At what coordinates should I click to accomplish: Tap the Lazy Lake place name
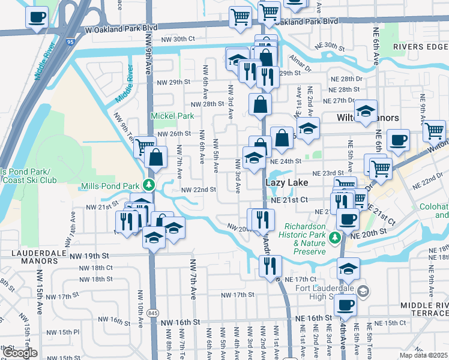tap(287, 182)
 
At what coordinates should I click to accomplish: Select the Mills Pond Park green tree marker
tap(152, 185)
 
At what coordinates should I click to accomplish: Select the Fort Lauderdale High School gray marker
tap(363, 291)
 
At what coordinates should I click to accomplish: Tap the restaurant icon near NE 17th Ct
tap(270, 264)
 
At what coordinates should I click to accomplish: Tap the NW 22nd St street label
tap(198, 190)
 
